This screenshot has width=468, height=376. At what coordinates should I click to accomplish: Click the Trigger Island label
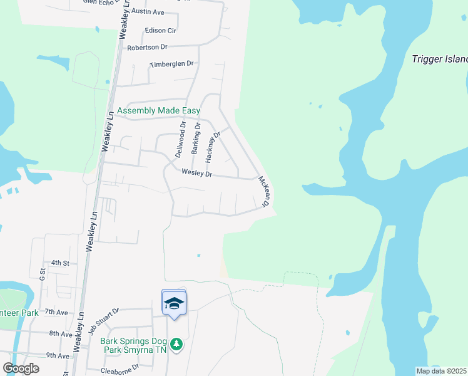[440, 60]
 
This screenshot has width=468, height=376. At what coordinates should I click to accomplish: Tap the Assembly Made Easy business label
[159, 111]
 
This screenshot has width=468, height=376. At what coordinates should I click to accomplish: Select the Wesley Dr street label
[197, 174]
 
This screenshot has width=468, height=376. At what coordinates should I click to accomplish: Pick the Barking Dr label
[196, 138]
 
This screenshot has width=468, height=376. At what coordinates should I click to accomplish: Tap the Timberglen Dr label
[172, 64]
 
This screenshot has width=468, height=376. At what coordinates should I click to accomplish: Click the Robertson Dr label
[148, 47]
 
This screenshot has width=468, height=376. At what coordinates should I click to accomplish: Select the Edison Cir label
[161, 30]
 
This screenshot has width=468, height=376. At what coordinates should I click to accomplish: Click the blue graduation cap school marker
[174, 304]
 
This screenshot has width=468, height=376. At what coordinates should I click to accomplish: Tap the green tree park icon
[177, 343]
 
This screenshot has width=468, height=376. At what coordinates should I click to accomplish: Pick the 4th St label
[59, 263]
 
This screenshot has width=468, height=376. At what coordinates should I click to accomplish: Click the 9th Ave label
[57, 355]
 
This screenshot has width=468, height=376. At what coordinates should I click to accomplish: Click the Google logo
[21, 368]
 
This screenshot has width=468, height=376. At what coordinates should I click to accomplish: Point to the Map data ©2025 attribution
[441, 371]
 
